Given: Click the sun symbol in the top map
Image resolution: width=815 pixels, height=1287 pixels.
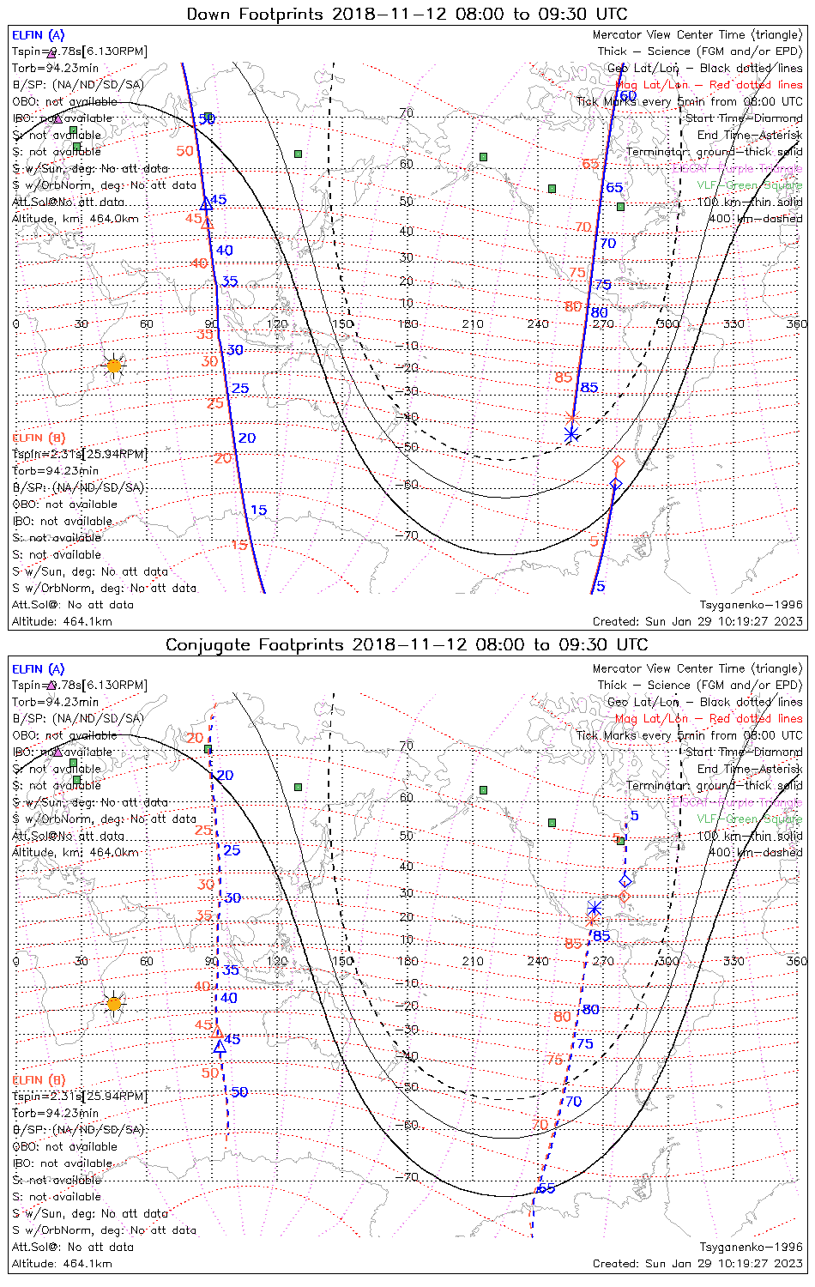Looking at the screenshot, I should [114, 366].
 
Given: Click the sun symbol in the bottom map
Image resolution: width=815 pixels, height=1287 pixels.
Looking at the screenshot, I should [114, 1003].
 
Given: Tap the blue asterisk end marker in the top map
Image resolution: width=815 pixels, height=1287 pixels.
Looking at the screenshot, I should [571, 435].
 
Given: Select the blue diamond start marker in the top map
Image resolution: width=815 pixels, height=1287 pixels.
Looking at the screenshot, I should [615, 485].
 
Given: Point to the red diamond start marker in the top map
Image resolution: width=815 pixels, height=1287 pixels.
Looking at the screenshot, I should [618, 462].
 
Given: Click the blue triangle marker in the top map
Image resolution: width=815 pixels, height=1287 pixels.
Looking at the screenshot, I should [206, 204].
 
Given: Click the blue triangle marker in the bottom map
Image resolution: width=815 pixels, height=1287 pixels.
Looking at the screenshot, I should [220, 1047].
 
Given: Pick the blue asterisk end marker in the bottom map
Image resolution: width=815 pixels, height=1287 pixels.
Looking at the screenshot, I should [595, 909].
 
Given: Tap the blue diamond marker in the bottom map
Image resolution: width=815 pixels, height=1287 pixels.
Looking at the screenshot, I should [625, 881].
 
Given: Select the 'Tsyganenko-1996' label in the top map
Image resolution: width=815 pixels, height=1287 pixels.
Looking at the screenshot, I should [751, 605].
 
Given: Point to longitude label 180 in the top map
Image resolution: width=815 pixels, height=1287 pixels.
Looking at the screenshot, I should [407, 323].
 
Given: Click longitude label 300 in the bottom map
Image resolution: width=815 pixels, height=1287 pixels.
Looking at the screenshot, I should [668, 961].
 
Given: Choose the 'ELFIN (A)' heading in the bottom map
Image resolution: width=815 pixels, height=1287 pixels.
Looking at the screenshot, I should [39, 669].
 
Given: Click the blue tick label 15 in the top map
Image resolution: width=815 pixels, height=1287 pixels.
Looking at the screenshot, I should [258, 511].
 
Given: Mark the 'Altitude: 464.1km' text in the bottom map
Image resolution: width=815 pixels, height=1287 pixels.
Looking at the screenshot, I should [62, 1263].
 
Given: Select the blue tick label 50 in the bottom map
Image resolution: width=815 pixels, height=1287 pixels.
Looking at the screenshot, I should [239, 1092].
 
